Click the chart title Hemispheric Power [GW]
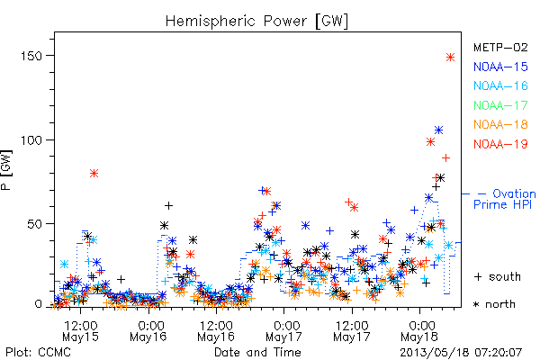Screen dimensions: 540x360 (x=256, y=22)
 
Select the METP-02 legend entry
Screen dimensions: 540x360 (x=500, y=47)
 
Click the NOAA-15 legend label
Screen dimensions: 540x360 (x=500, y=67)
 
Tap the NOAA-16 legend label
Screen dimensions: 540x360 (x=500, y=85)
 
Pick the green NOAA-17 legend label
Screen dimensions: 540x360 (x=500, y=105)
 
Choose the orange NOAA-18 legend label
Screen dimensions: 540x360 (x=500, y=124)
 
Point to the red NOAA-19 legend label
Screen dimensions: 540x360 (x=500, y=144)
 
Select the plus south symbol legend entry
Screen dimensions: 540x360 (x=498, y=276)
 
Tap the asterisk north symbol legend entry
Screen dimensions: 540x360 (x=494, y=304)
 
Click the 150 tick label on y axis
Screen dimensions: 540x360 (x=31, y=56)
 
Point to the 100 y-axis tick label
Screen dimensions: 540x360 (x=31, y=140)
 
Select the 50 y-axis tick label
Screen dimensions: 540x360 (x=35, y=224)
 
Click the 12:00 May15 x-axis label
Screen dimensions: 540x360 (x=81, y=330)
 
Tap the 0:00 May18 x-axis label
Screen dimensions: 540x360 (x=419, y=330)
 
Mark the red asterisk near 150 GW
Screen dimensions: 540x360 (x=451, y=57)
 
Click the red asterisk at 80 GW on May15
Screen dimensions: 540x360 (x=94, y=173)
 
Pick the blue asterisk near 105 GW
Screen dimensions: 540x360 (x=438, y=130)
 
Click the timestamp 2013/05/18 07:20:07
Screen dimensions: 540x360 (x=461, y=353)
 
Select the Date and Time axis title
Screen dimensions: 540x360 (x=257, y=352)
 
